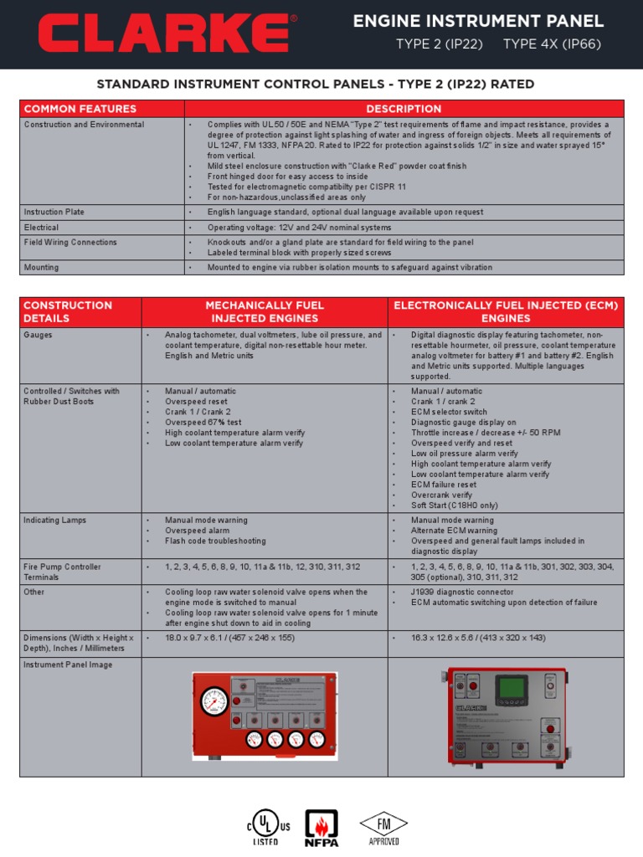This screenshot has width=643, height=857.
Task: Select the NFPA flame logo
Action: tap(321, 827)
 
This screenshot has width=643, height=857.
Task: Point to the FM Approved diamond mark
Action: tap(383, 824)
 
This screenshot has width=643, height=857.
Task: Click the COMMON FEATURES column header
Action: tap(80, 109)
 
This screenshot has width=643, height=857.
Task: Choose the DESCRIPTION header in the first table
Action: tap(404, 109)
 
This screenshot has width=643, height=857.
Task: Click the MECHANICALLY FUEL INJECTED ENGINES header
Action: tap(265, 312)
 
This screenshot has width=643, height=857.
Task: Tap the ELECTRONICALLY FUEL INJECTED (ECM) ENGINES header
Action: tap(506, 312)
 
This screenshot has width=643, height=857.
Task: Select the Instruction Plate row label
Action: tap(54, 213)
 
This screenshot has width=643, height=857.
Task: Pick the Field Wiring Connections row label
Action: tap(70, 243)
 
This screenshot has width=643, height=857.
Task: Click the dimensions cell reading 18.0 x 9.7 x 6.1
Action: tap(230, 639)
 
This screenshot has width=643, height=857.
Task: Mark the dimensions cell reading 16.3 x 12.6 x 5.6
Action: tap(478, 639)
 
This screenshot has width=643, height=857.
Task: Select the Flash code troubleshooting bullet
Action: tap(215, 541)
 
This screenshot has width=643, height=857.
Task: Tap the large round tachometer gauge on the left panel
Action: tap(214, 700)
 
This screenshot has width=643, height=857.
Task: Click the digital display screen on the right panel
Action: tap(511, 689)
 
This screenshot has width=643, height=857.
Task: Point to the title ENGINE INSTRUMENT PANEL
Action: tap(478, 22)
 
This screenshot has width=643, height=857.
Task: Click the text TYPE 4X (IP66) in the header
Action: tap(552, 45)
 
